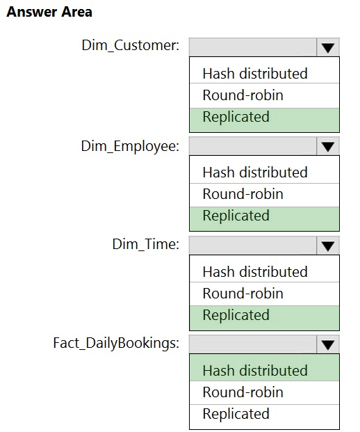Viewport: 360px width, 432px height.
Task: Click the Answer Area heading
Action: pos(49,12)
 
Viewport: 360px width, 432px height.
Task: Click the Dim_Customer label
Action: pos(131,45)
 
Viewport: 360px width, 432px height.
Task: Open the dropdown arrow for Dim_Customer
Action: pos(328,47)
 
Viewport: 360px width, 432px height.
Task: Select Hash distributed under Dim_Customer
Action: pos(255,74)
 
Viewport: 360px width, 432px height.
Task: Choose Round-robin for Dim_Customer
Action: pos(243,95)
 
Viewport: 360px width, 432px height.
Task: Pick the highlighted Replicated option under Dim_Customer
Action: pos(236,117)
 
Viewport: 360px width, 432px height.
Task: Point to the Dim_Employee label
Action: pos(130,146)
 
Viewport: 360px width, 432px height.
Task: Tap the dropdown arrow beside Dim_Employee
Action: pos(328,146)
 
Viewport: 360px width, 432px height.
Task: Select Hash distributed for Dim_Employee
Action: pos(255,173)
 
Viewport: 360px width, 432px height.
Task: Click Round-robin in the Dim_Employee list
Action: pos(243,194)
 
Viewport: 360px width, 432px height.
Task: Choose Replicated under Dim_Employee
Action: pos(236,216)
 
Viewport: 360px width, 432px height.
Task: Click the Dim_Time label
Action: pos(146,244)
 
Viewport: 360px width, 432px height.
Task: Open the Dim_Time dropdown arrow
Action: pos(328,246)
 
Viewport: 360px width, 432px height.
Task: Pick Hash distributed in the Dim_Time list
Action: pos(255,272)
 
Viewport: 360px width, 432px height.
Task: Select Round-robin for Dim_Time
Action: pos(243,294)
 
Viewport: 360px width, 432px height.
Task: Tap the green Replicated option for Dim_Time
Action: pos(236,315)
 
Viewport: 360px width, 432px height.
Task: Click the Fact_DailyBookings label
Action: pos(116,344)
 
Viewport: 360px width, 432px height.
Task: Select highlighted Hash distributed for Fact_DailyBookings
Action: pos(255,371)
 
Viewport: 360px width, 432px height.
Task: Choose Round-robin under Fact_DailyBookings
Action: pos(243,392)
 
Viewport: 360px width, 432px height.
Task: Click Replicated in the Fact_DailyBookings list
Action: pos(236,414)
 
